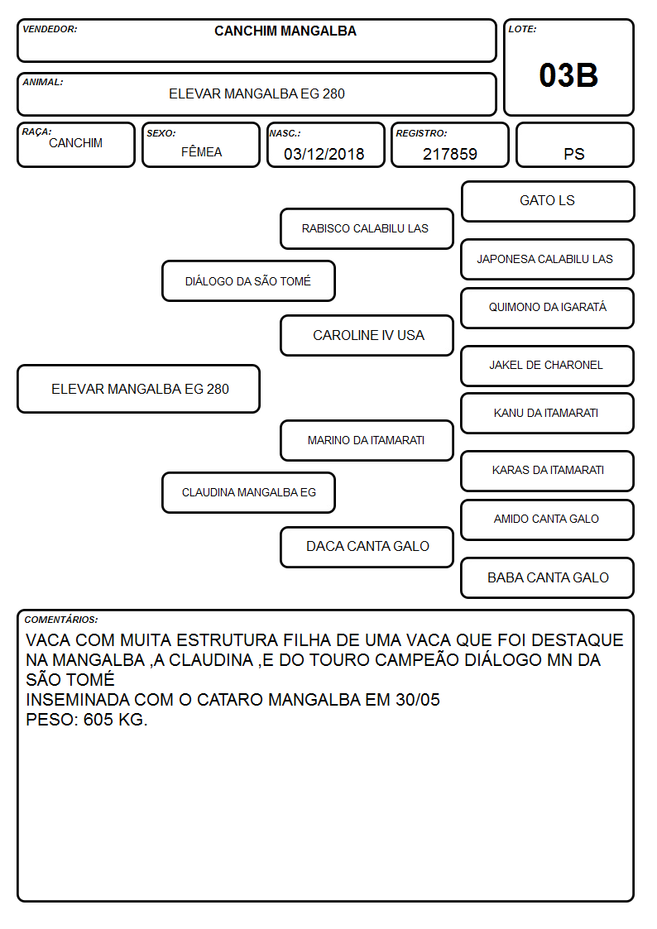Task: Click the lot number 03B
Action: (x=568, y=75)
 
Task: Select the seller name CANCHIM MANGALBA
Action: (x=285, y=31)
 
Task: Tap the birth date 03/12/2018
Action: (x=324, y=154)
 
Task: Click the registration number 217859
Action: (x=449, y=154)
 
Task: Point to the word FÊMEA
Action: (x=201, y=151)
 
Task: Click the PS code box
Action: (x=574, y=145)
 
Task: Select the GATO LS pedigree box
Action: (x=548, y=202)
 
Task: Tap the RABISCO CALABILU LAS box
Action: (x=367, y=228)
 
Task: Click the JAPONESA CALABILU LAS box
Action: (x=548, y=260)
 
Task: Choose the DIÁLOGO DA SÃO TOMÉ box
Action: (x=248, y=280)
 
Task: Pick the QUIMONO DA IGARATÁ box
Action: (x=548, y=308)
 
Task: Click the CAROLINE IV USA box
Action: (x=367, y=335)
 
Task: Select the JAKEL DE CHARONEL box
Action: (x=548, y=366)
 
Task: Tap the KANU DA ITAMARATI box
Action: (x=548, y=413)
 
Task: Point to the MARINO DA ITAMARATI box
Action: (x=367, y=440)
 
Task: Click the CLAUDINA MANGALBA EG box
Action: (x=248, y=492)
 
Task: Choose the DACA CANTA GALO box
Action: (x=367, y=547)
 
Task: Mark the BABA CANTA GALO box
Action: (x=548, y=577)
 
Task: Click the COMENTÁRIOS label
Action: (x=61, y=620)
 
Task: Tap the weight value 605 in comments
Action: (x=98, y=720)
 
